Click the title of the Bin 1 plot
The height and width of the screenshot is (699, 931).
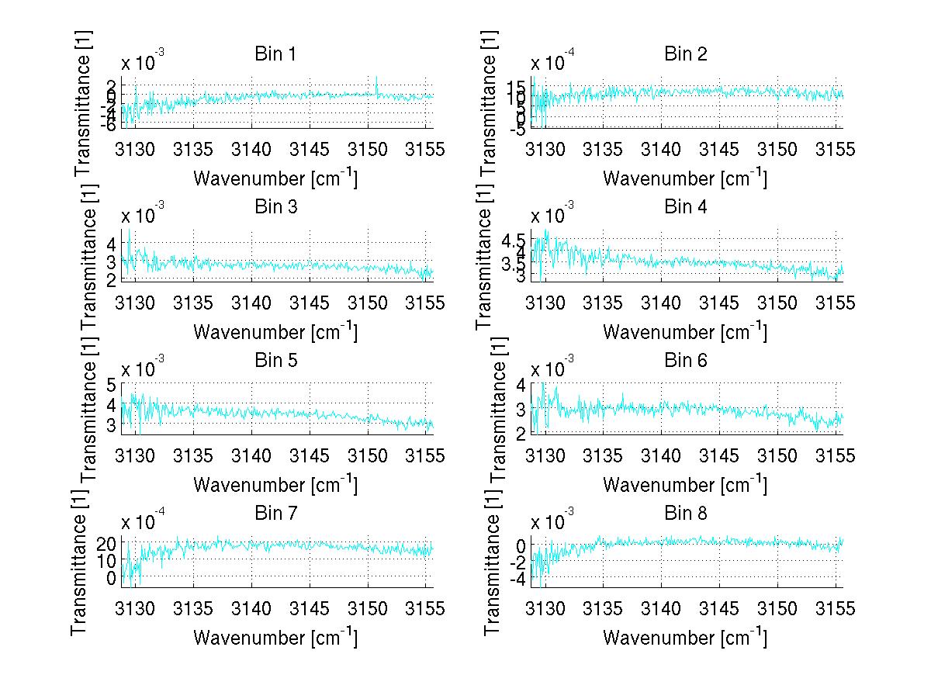tap(275, 54)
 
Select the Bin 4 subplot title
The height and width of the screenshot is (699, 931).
tap(685, 207)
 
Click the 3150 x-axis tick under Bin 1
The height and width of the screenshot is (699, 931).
tap(368, 149)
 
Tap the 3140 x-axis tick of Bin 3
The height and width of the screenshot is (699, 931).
tap(251, 302)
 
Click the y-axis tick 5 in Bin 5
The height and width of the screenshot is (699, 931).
tap(111, 385)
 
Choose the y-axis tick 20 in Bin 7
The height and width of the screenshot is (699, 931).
tap(106, 543)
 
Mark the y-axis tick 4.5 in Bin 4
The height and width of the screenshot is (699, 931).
tap(513, 239)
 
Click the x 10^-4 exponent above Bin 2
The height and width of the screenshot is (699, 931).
tap(549, 61)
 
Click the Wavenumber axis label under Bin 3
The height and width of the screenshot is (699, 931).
tap(275, 331)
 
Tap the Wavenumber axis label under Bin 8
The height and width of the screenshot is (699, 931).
tap(685, 637)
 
